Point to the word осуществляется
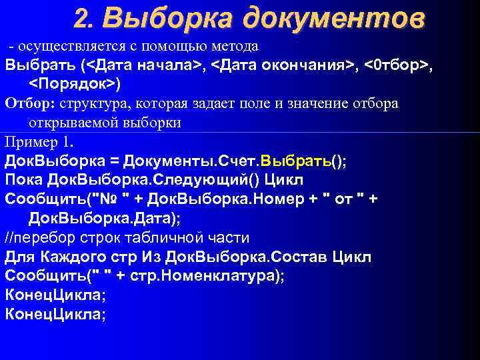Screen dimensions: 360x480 63,47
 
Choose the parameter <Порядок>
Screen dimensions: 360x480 73,85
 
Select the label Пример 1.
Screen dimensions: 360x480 41,142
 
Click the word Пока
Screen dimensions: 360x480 25,181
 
